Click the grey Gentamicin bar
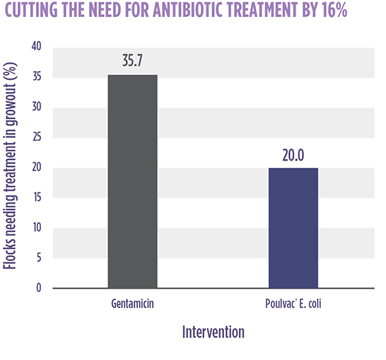pos(133,181)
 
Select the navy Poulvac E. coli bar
pos(293,228)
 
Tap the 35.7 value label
pos(132,60)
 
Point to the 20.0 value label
pos(293,155)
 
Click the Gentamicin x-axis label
pos(132,303)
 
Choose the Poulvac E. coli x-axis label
pos(293,303)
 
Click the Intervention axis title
pos(214,332)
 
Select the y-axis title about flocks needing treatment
pos(10,166)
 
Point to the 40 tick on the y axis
pos(37,46)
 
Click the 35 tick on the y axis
pos(37,76)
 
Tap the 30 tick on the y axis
pos(37,107)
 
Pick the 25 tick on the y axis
pos(37,137)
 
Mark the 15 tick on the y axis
pos(37,197)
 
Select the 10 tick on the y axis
pos(37,227)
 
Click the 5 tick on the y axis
pos(39,257)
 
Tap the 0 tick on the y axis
pos(39,288)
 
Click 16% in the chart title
pos(334,10)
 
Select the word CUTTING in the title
pos(31,10)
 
